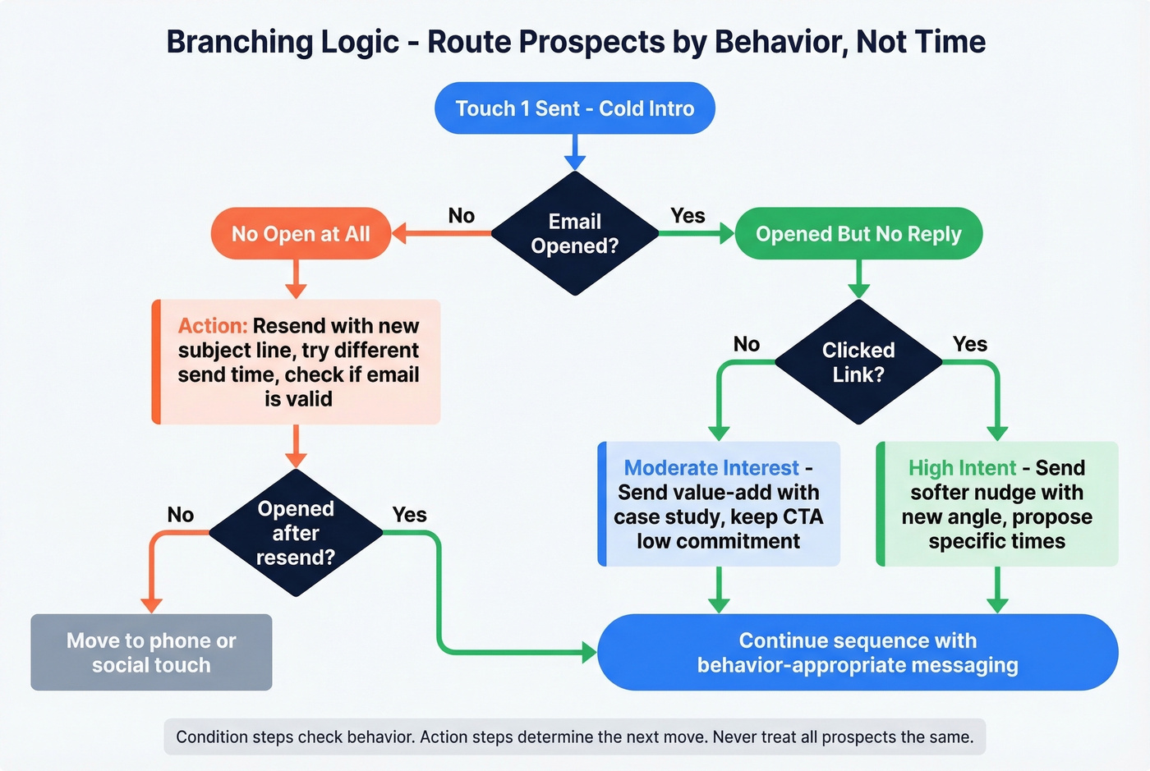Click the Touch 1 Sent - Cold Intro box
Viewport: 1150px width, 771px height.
click(x=574, y=108)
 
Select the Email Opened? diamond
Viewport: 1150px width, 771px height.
click(x=574, y=234)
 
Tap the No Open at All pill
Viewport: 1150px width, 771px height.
click(x=301, y=234)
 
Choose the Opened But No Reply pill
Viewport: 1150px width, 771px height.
click(x=858, y=234)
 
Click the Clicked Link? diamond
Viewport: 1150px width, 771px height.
click(x=858, y=362)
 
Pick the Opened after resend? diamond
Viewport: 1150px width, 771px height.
click(x=296, y=533)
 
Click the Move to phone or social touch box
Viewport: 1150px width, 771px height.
click(x=151, y=653)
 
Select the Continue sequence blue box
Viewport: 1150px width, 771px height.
click(x=858, y=653)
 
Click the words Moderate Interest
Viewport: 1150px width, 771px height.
click(x=711, y=468)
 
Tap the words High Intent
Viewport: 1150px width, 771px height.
click(x=962, y=468)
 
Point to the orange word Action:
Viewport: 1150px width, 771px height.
click(x=213, y=326)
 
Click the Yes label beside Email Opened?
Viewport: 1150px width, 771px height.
click(x=688, y=216)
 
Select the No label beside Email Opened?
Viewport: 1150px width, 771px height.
click(x=462, y=216)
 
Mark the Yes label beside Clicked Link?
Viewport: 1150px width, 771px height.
click(x=970, y=344)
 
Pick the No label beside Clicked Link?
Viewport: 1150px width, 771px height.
click(x=747, y=344)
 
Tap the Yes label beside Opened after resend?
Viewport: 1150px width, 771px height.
click(x=409, y=515)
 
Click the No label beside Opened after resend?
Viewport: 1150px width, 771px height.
click(x=181, y=515)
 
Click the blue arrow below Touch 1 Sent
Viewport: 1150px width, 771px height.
click(x=574, y=153)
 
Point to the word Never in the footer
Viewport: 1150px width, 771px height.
click(x=735, y=737)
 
